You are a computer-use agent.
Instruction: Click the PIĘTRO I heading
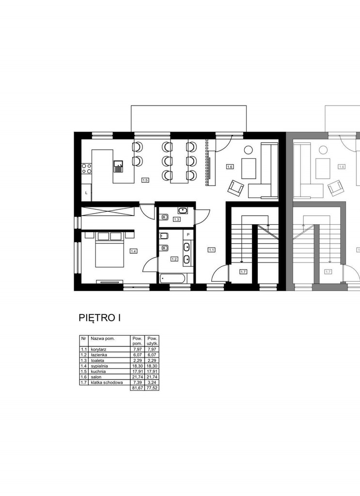pos(99,318)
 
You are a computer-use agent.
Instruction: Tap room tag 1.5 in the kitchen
pos(145,180)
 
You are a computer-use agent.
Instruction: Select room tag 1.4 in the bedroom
pos(134,251)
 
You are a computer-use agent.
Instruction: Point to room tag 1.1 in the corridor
pos(211,250)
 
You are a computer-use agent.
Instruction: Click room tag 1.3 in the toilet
pos(176,219)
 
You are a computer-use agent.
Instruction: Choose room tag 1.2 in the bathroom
pos(174,259)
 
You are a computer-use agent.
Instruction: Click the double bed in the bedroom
pos(109,249)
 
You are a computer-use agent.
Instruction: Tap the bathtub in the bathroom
pos(172,279)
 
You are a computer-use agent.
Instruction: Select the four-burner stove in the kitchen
pos(87,168)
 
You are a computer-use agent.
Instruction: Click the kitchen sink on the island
pos(119,166)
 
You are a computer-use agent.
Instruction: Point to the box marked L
pos(86,192)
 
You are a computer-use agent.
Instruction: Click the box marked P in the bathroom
pos(188,235)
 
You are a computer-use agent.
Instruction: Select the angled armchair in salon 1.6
pos(236,187)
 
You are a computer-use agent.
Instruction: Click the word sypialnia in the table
pos(99,366)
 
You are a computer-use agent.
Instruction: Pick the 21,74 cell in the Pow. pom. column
pos(137,377)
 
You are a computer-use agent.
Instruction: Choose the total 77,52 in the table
pos(152,388)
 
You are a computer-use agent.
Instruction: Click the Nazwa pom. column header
pos(103,339)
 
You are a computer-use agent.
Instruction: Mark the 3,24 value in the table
pos(152,383)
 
